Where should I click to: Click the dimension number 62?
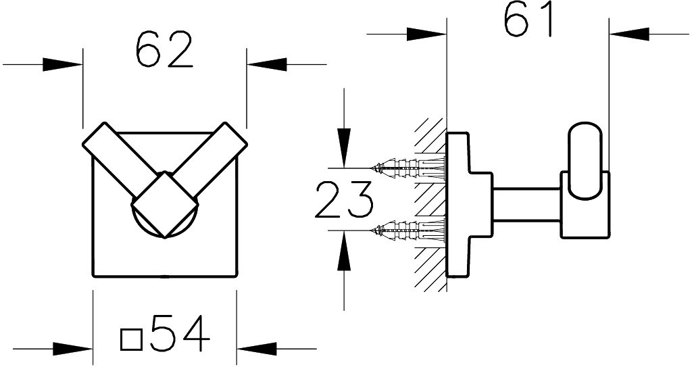pyautogui.click(x=164, y=49)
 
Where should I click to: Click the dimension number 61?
pyautogui.click(x=528, y=19)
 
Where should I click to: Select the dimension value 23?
pyautogui.click(x=344, y=199)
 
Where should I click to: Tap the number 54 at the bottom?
pyautogui.click(x=180, y=333)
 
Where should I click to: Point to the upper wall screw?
pyautogui.click(x=408, y=168)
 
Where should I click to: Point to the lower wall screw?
pyautogui.click(x=408, y=230)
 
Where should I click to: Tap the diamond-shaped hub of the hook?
pyautogui.click(x=164, y=205)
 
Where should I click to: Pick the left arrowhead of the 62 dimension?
pyautogui.click(x=62, y=64)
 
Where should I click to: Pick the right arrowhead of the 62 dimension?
pyautogui.click(x=266, y=64)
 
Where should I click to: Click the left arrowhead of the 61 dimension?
pyautogui.click(x=426, y=34)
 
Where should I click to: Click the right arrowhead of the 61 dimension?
pyautogui.click(x=629, y=34)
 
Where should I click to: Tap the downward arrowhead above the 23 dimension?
pyautogui.click(x=344, y=148)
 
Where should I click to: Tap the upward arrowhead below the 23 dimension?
pyautogui.click(x=344, y=250)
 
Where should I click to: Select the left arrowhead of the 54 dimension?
pyautogui.click(x=73, y=349)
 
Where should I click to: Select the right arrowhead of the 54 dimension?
pyautogui.click(x=257, y=349)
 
